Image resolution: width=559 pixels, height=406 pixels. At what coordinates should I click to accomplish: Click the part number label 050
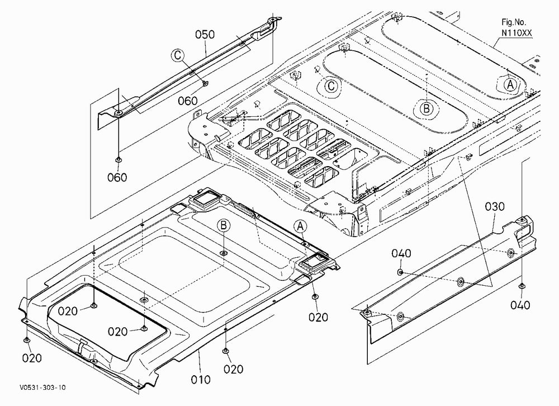205,35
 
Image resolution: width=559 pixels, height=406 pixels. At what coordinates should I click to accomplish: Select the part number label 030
495,206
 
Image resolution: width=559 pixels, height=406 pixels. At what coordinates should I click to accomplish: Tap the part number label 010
201,380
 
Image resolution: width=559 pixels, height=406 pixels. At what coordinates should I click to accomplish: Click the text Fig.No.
514,22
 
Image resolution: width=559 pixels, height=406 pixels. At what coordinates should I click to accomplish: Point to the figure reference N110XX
517,33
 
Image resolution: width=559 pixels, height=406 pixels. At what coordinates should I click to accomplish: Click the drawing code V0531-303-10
43,388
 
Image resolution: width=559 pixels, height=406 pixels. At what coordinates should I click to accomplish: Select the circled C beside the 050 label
178,56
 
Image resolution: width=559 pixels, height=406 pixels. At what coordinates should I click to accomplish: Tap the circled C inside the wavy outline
331,86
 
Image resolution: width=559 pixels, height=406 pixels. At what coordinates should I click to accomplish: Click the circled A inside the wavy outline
510,85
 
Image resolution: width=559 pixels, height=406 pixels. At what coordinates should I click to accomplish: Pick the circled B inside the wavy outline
427,108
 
